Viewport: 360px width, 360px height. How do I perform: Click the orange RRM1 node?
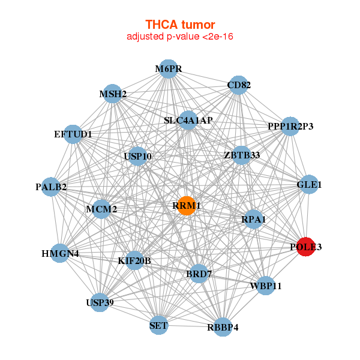(187, 206)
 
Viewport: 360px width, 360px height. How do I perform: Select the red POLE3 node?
(306, 247)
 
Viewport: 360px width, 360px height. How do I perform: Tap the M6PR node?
(169, 69)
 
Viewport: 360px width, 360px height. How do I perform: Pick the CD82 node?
(239, 85)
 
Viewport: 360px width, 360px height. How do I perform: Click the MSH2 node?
(113, 94)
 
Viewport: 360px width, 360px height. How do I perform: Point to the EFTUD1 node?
(73, 134)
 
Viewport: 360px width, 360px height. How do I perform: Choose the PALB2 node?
(51, 187)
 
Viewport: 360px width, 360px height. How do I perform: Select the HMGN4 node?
(60, 253)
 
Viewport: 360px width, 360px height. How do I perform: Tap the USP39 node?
(100, 301)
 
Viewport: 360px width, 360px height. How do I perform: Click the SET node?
(159, 326)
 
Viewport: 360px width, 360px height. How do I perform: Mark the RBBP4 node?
(223, 327)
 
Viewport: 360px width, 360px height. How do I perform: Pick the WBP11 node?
(265, 286)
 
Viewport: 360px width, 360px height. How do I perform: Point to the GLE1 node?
(309, 185)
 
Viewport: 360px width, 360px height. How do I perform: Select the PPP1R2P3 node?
(290, 127)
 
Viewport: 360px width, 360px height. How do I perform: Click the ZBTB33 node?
(242, 155)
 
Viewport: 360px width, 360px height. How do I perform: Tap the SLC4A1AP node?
(188, 120)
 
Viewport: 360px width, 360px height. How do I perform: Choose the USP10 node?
(137, 157)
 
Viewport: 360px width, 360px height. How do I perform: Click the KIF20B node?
(134, 260)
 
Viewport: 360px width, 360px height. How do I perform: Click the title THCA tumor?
(180, 25)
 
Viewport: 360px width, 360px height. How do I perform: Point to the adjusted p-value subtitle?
(180, 37)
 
